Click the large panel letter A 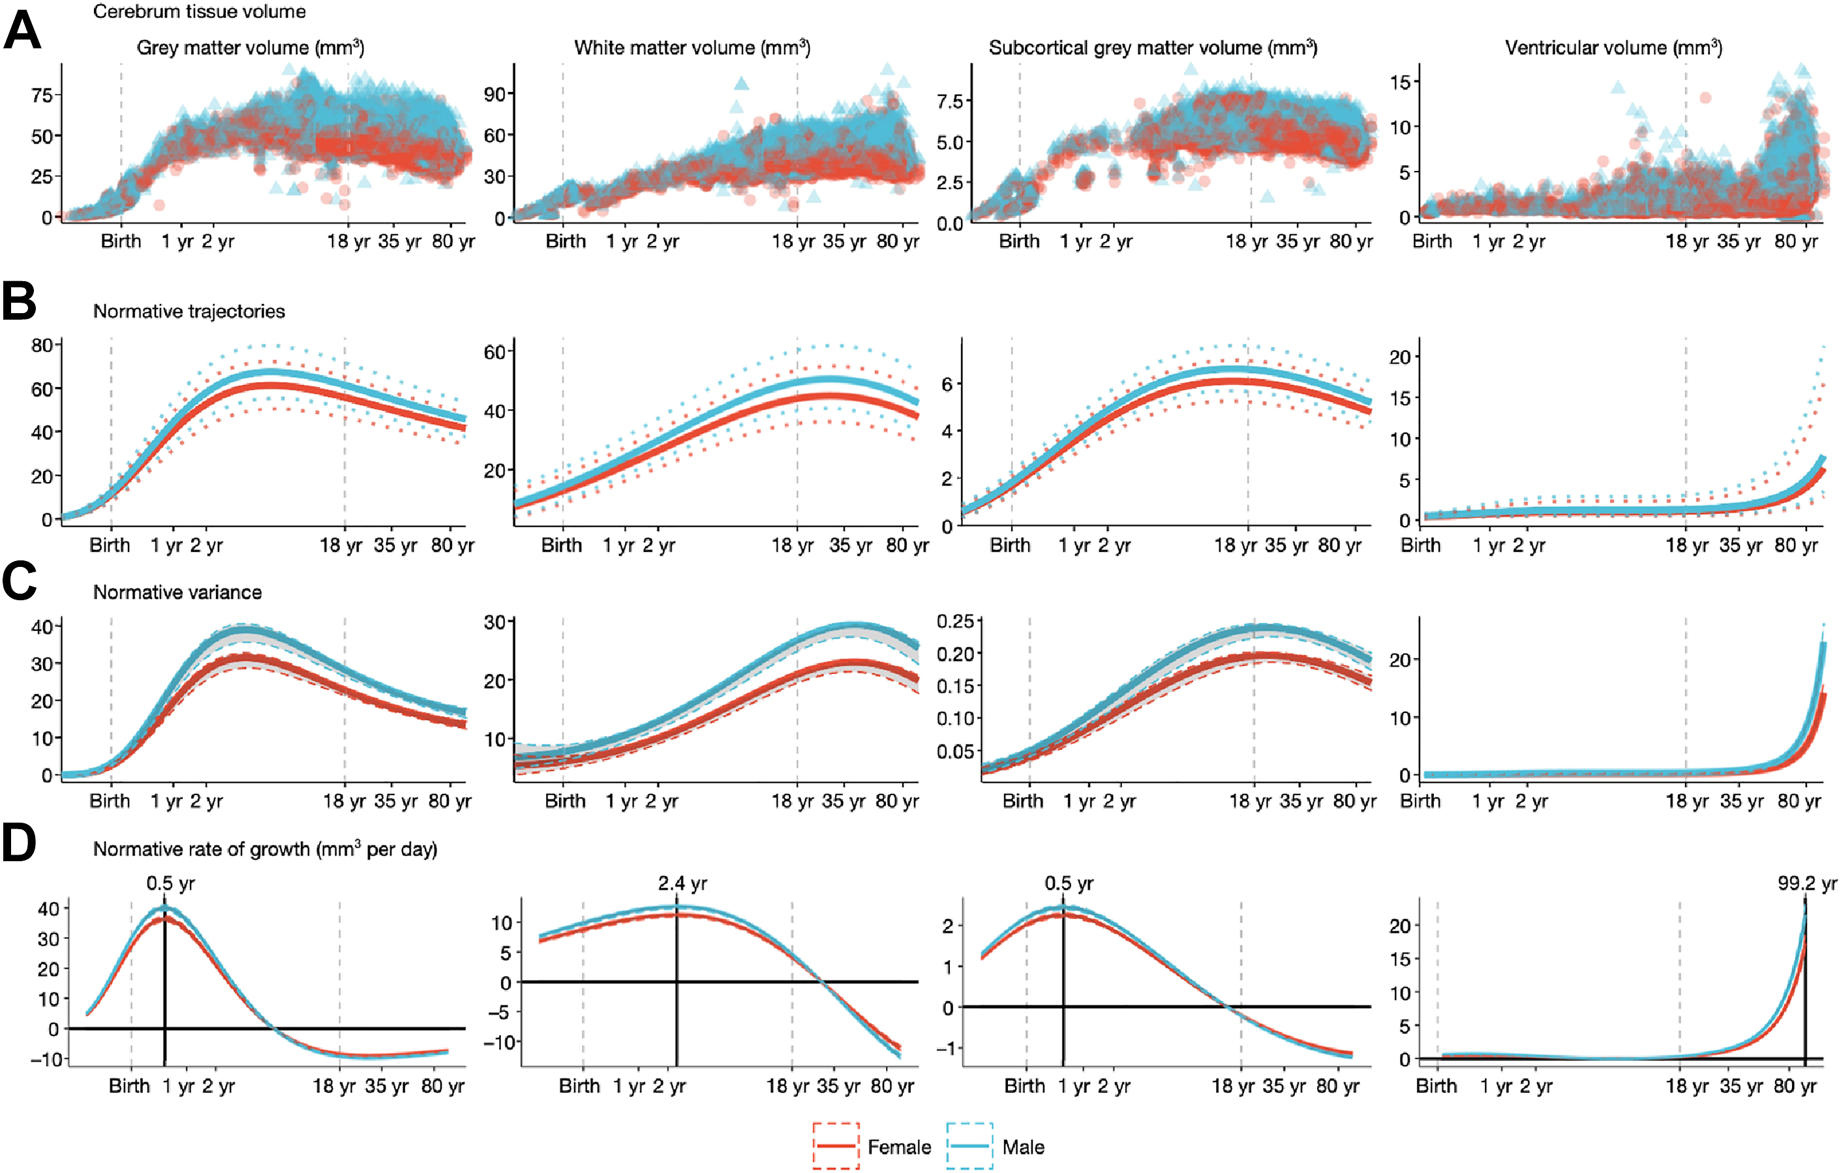pyautogui.click(x=22, y=31)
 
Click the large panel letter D pyautogui.click(x=19, y=843)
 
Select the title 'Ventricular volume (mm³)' pyautogui.click(x=1613, y=48)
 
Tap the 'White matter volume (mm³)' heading pyautogui.click(x=692, y=48)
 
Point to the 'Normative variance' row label pyautogui.click(x=177, y=592)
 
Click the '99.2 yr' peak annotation pyautogui.click(x=1806, y=883)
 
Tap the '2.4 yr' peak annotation pyautogui.click(x=682, y=883)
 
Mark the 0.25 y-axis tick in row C pyautogui.click(x=955, y=622)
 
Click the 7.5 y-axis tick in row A pyautogui.click(x=950, y=102)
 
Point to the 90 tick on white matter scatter pyautogui.click(x=494, y=94)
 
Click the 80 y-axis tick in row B pyautogui.click(x=41, y=346)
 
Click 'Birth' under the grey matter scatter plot pyautogui.click(x=121, y=241)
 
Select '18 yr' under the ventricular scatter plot pyautogui.click(x=1686, y=241)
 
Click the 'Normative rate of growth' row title pyautogui.click(x=264, y=849)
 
